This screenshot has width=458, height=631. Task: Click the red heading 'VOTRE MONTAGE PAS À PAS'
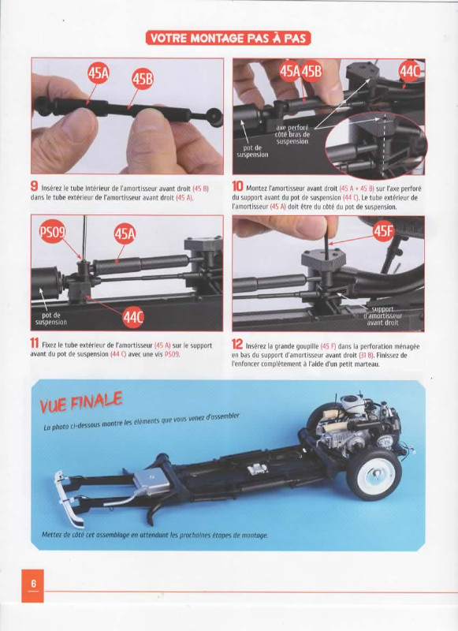[x=228, y=38]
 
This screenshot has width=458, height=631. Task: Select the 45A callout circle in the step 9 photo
[x=99, y=73]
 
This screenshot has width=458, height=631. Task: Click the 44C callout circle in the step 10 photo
[x=409, y=72]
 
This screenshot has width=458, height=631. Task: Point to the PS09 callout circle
[x=52, y=232]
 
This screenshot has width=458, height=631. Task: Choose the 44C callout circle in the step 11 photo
[x=132, y=318]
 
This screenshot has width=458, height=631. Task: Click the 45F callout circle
[x=383, y=231]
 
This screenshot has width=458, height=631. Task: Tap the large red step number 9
[x=35, y=187]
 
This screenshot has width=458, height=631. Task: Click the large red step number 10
[x=237, y=186]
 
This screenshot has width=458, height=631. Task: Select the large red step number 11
[x=35, y=343]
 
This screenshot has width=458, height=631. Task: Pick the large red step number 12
[x=237, y=344]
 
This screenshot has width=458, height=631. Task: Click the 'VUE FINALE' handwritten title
[x=81, y=403]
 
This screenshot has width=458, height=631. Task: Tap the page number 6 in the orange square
[x=33, y=584]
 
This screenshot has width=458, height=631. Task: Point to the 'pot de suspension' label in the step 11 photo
[x=51, y=319]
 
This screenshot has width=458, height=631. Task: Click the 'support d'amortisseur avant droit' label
[x=382, y=316]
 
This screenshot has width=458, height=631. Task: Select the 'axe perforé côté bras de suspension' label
[x=292, y=135]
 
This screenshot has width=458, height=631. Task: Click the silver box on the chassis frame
[x=151, y=482]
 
